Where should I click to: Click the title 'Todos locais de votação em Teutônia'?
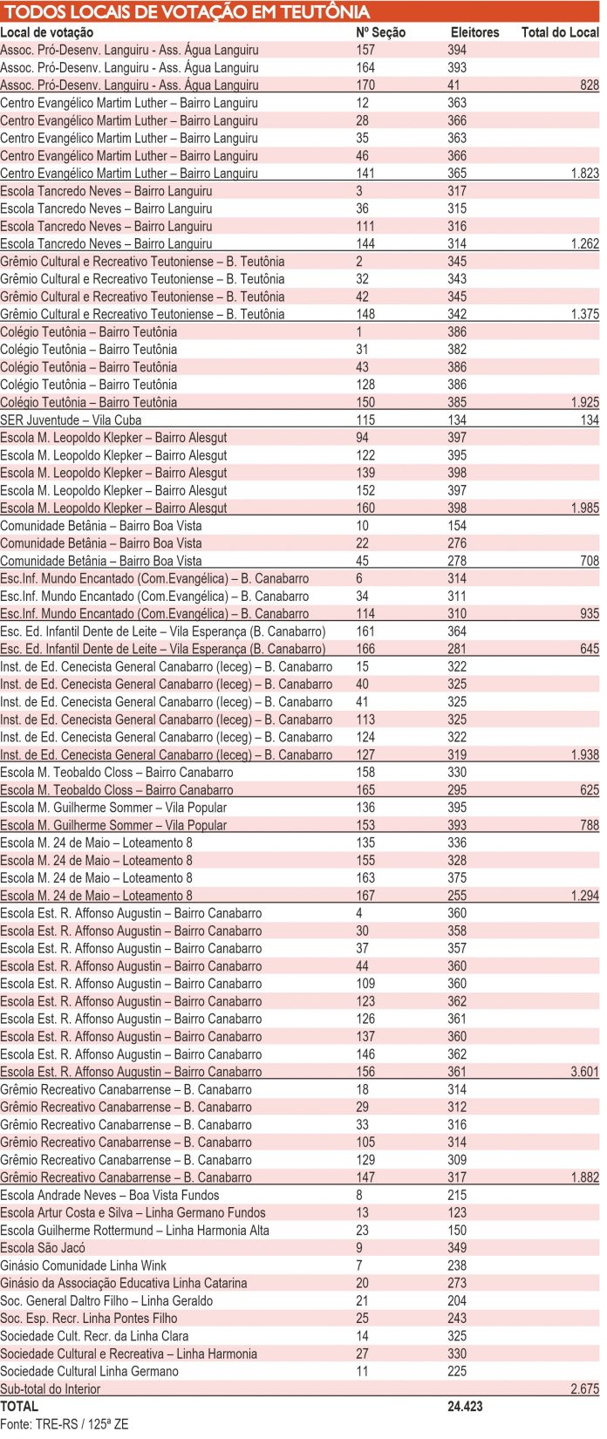click(x=188, y=12)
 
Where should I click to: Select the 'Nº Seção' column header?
click(x=381, y=32)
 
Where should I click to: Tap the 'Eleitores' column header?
click(x=474, y=32)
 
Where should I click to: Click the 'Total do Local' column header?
click(x=560, y=32)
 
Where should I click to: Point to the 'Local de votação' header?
click(x=47, y=32)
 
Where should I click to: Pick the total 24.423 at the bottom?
click(x=465, y=1406)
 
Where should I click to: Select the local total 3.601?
click(x=584, y=1072)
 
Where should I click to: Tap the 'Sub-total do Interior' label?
click(x=51, y=1388)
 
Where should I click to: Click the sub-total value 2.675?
click(x=584, y=1388)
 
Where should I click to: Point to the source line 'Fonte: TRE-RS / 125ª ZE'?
click(x=65, y=1423)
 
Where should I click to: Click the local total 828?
click(x=590, y=85)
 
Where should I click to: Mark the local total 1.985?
click(x=584, y=508)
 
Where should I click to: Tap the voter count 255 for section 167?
click(x=457, y=896)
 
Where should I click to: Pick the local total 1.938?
click(x=584, y=755)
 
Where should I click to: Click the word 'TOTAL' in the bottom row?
click(x=19, y=1406)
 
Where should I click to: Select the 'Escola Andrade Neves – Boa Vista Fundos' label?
click(x=110, y=1195)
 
